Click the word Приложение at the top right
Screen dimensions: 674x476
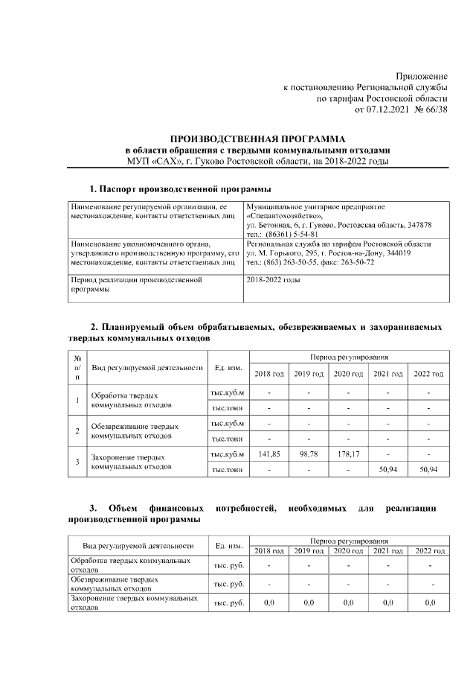(421, 75)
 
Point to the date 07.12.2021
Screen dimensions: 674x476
(387, 109)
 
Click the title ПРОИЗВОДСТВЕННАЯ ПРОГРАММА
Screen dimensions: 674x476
(258, 139)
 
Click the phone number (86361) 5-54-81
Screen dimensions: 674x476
(289, 233)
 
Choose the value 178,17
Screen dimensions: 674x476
(347, 454)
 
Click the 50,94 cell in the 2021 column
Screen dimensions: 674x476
(387, 470)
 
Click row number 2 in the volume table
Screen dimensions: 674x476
(77, 430)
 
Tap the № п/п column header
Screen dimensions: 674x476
(77, 367)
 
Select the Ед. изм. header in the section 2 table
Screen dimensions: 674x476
(228, 367)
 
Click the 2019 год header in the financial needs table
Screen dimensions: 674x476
(308, 550)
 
